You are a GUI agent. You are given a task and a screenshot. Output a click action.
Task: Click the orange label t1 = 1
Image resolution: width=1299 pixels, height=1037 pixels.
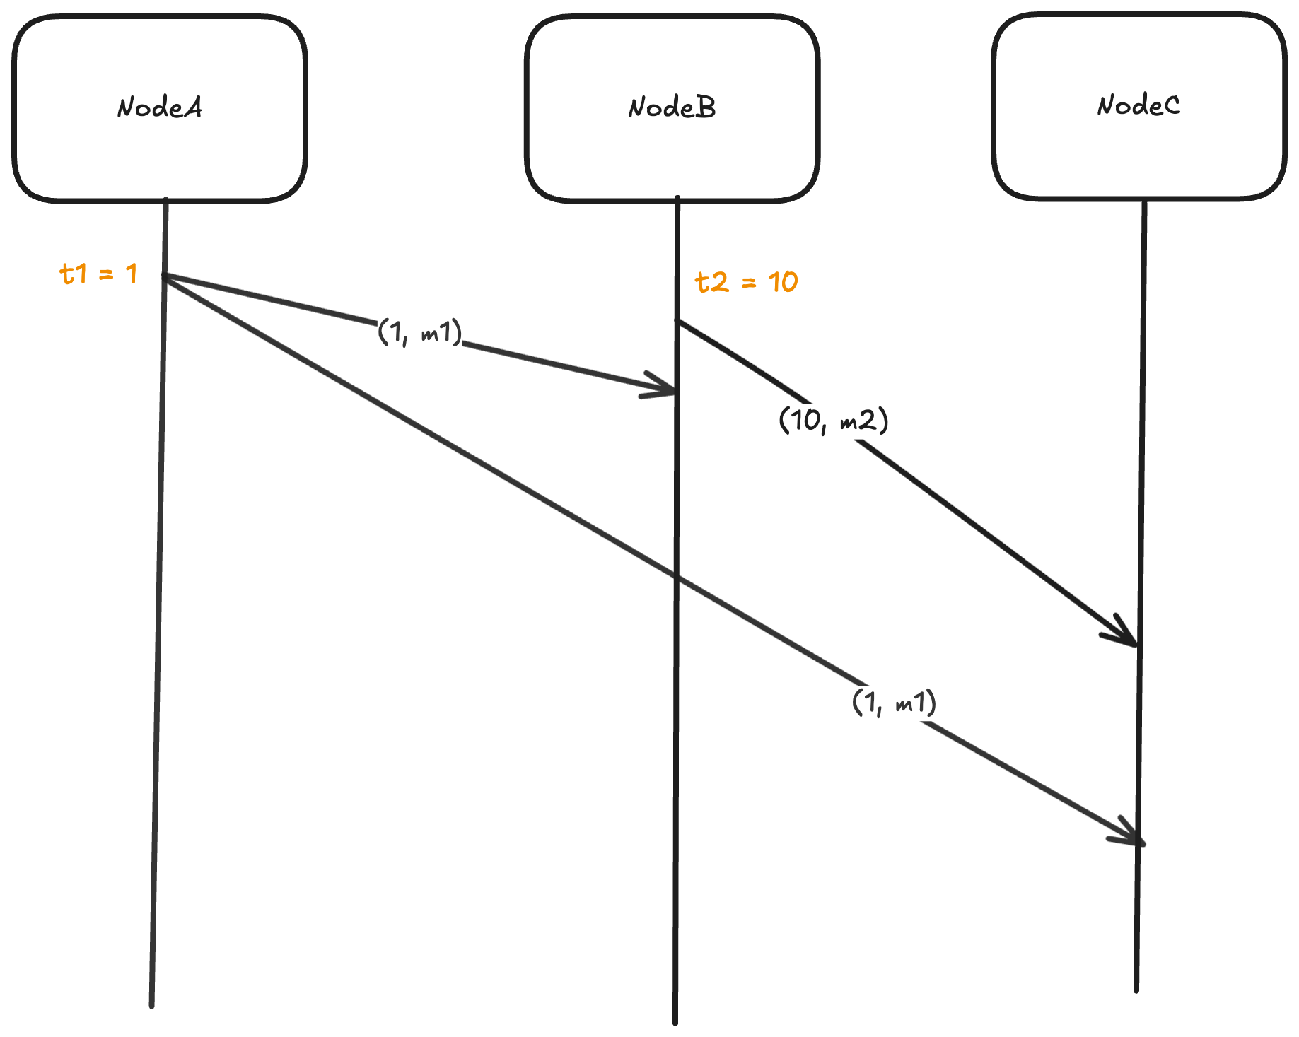pos(98,274)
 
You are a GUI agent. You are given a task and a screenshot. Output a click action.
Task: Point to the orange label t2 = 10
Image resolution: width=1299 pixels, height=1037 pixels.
pos(746,282)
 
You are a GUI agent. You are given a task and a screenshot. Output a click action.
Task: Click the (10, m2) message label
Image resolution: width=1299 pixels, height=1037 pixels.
pos(833,421)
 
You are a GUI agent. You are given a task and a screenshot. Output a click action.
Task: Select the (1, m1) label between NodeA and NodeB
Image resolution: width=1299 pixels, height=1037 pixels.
pos(420,331)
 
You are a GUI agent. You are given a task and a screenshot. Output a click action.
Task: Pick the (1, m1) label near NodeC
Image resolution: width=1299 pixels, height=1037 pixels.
pos(894,703)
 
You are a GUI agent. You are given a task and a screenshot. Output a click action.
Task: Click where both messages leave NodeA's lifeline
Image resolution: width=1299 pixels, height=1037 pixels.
pos(165,276)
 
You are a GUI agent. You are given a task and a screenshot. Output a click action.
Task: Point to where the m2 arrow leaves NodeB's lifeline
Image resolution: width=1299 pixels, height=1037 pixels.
pos(677,322)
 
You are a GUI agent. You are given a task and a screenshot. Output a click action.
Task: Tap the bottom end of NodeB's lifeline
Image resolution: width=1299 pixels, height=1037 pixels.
pos(675,1021)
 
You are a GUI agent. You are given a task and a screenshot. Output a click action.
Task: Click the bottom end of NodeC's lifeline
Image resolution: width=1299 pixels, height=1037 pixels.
pos(1136,989)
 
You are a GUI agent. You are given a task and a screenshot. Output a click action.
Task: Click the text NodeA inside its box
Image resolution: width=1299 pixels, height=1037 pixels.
pos(160,107)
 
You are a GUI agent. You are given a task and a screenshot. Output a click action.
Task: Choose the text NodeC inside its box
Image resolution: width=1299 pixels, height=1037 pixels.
pos(1138,106)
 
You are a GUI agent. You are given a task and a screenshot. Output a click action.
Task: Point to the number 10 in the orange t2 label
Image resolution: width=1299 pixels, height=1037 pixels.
pos(783,282)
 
